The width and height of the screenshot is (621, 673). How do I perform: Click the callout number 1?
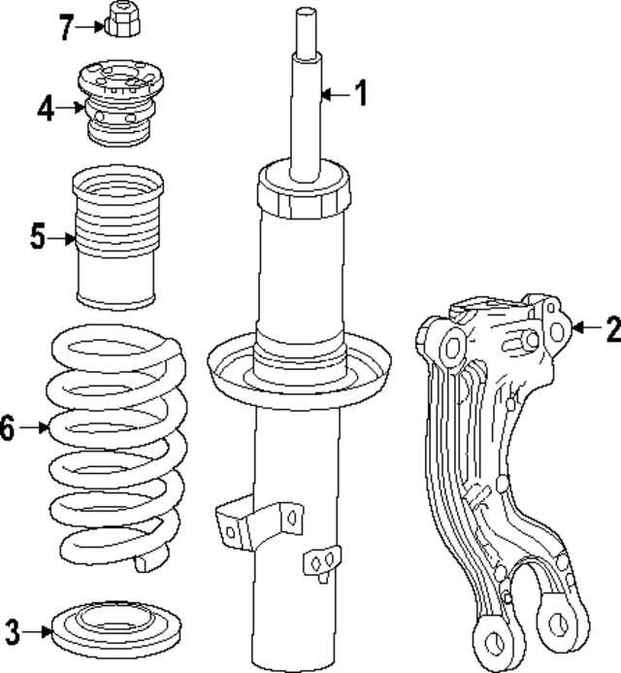pos(360,94)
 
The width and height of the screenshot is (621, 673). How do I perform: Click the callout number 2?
pos(611,329)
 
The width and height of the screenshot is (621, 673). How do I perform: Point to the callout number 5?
pos(37,236)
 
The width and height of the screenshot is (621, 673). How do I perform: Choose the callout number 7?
pos(65,27)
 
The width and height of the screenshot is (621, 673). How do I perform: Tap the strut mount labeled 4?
pos(117,102)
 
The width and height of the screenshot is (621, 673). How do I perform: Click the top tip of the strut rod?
pos(306,14)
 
